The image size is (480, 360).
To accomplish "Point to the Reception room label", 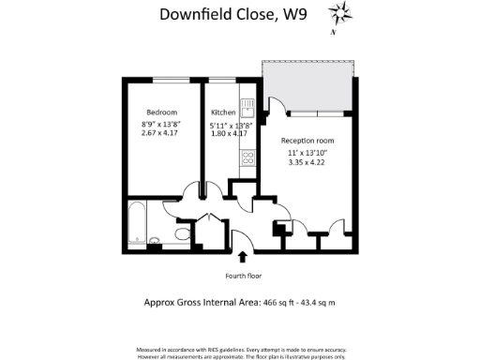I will tap(307, 140).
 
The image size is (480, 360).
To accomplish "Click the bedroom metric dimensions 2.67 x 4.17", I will tap(161, 133).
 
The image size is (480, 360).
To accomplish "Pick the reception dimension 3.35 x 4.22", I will tap(307, 161).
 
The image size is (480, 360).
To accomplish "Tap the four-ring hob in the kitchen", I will tap(248, 157).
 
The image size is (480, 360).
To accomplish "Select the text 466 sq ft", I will tap(280, 303).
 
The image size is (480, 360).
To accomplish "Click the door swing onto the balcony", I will tap(277, 105).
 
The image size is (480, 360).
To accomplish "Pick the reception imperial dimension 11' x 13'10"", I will tap(307, 151).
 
